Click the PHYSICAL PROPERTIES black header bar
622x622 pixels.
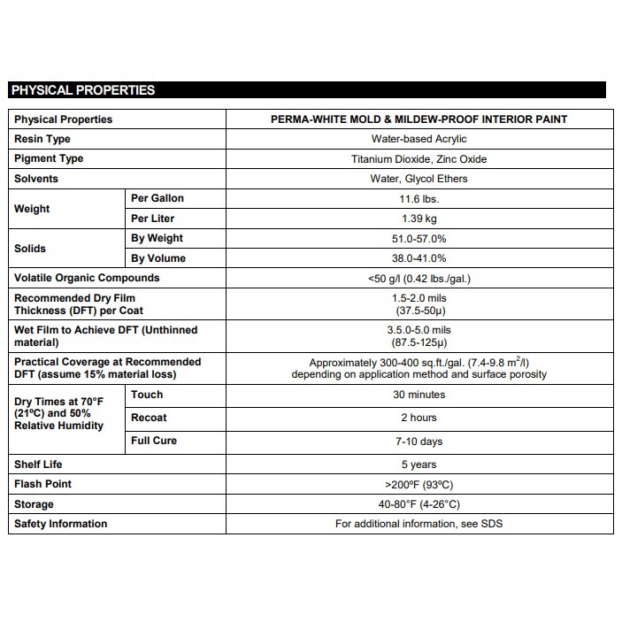306,90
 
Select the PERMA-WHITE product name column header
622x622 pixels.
419,119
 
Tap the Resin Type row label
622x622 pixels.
42,139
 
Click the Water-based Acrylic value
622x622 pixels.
419,139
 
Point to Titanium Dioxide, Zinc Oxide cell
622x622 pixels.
419,159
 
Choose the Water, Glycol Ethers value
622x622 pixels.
419,179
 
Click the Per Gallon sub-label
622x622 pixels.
157,198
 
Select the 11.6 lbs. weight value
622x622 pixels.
419,199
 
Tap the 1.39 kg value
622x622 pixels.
419,219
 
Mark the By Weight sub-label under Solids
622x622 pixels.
157,238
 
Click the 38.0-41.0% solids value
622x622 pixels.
419,258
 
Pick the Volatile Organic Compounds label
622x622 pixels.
87,278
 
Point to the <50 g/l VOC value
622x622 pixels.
419,279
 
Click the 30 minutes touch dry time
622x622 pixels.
419,395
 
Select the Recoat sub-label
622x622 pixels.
149,418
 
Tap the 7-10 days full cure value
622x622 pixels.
419,442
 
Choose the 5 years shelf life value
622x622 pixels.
419,465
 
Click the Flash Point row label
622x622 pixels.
43,484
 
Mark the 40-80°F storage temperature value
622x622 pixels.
419,504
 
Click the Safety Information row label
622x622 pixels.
60,524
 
